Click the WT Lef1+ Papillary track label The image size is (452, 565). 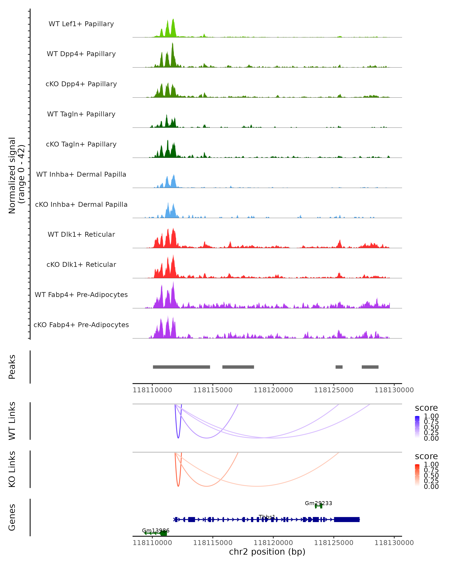point(81,24)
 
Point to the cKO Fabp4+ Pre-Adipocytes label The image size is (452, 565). point(81,325)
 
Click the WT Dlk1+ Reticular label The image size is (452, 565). point(81,234)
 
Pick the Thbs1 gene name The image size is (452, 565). point(267,517)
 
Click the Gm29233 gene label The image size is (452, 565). point(318,503)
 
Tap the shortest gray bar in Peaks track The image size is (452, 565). point(339,367)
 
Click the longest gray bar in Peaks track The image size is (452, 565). point(181,367)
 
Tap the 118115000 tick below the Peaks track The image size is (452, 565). point(213,390)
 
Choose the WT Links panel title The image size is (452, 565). point(12,421)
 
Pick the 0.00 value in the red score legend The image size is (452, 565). point(431,486)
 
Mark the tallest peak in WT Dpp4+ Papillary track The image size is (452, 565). point(172,44)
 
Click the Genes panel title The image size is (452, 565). point(12,517)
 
